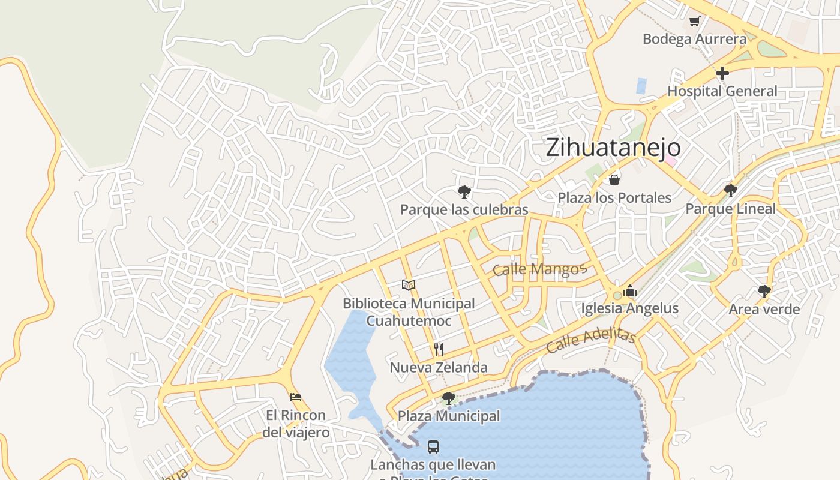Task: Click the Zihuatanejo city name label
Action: [x=613, y=148]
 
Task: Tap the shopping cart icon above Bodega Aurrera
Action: [x=694, y=22]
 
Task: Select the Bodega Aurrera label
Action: [x=694, y=39]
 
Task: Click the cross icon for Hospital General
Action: [x=722, y=73]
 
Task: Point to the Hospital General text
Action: [x=722, y=91]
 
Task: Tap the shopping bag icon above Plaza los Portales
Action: [x=614, y=179]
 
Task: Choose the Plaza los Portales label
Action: [x=614, y=197]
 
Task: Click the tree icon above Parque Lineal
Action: [x=730, y=191]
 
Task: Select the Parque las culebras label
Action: [x=464, y=209]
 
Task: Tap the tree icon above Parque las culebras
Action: [x=464, y=192]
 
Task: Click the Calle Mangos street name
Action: [x=538, y=269]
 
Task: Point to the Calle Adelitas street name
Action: [x=591, y=340]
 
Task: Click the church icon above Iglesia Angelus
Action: [x=629, y=291]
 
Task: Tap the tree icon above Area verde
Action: [x=764, y=292]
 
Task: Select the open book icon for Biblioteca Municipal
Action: [x=409, y=285]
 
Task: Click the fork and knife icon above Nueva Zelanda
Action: [x=439, y=350]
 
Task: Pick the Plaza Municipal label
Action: [x=448, y=416]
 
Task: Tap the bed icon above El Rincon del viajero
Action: [x=295, y=397]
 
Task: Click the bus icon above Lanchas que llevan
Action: [x=433, y=446]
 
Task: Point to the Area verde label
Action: [x=764, y=310]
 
